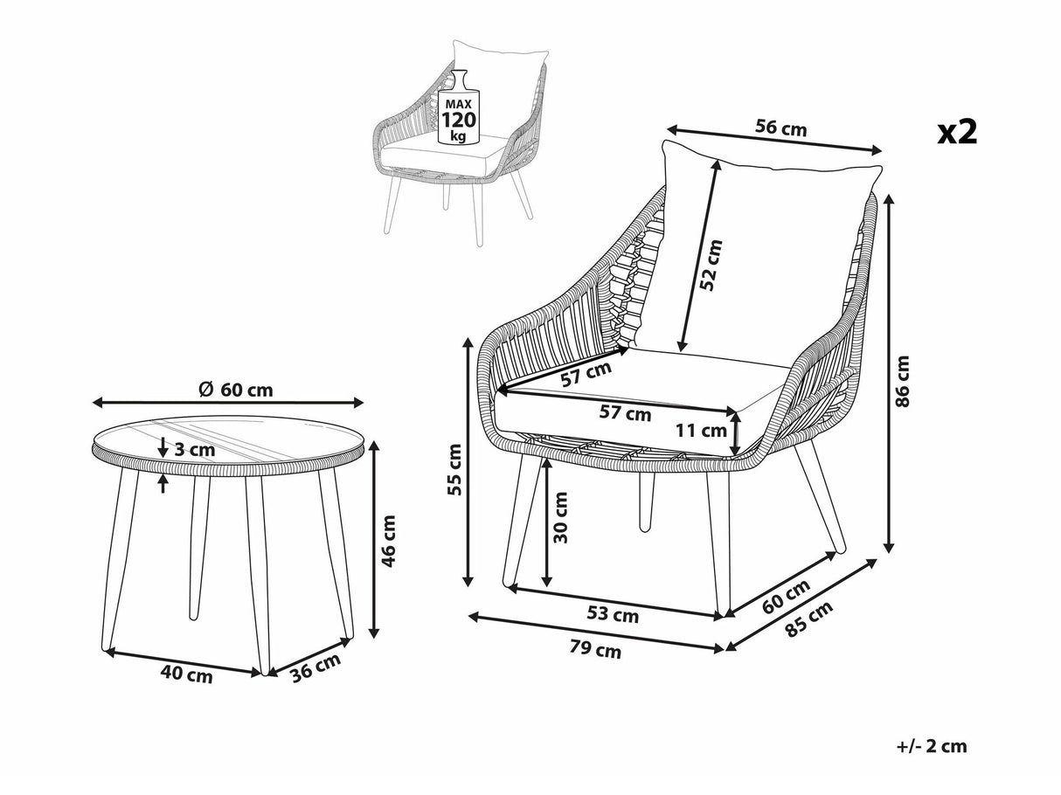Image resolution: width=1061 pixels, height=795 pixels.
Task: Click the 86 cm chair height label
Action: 902,382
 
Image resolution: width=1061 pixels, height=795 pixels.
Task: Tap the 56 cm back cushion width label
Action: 780,128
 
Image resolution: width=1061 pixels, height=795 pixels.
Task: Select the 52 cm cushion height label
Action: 711,266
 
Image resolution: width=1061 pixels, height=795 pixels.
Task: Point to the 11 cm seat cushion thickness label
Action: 701,430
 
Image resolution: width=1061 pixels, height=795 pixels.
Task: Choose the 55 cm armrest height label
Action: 454,469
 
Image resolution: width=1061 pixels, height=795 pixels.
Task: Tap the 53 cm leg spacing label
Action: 613,615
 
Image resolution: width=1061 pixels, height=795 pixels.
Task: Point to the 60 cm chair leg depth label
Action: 786,596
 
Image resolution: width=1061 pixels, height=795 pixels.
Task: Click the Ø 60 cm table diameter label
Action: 236,390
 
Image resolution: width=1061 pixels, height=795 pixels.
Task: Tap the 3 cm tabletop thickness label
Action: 194,450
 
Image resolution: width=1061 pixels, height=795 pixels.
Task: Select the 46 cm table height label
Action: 388,541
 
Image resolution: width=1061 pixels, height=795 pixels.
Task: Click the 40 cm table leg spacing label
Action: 186,674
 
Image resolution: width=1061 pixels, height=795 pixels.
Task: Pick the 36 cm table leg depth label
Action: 316,667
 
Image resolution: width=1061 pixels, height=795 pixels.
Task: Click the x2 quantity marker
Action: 958,132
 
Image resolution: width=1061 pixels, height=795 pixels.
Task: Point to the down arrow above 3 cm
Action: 163,446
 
